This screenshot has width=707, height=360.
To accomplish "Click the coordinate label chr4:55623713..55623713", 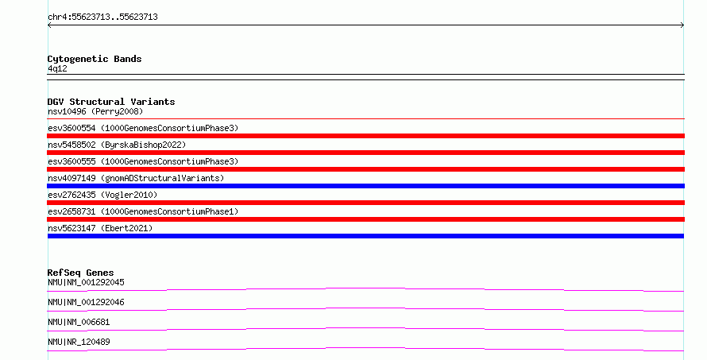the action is tap(102, 17).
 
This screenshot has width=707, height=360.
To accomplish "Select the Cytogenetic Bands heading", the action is tap(95, 59).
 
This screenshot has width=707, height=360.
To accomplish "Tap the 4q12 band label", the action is tap(57, 68).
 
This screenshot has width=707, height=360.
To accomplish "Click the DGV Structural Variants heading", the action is tap(111, 102).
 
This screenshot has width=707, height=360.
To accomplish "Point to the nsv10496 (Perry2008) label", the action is tap(95, 111).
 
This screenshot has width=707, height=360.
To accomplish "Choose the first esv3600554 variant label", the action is tap(143, 128).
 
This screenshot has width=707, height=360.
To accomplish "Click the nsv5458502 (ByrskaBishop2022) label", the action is tap(117, 145).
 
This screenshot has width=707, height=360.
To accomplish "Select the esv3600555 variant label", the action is tap(143, 161).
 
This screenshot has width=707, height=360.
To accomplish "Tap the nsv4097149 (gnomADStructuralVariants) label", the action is tap(136, 178).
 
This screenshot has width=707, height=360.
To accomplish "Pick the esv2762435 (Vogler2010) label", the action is tap(102, 195).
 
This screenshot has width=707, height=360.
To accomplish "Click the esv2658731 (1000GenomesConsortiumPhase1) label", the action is tap(143, 211).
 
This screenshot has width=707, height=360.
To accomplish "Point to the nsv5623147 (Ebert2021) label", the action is tap(100, 228).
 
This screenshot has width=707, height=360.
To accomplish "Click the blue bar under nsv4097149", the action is tap(365, 186).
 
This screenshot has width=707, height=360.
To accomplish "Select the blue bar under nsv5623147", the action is tap(365, 236).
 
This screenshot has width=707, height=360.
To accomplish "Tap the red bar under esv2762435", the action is tap(365, 203).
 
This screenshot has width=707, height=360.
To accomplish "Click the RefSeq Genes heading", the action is tap(80, 273).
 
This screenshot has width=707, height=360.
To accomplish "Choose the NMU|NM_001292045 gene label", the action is tap(86, 282).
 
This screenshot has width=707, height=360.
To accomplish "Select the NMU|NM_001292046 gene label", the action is tap(86, 302).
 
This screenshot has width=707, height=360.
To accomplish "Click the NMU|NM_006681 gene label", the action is tap(79, 322).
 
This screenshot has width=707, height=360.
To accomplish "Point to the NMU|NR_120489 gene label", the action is tap(79, 342).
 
